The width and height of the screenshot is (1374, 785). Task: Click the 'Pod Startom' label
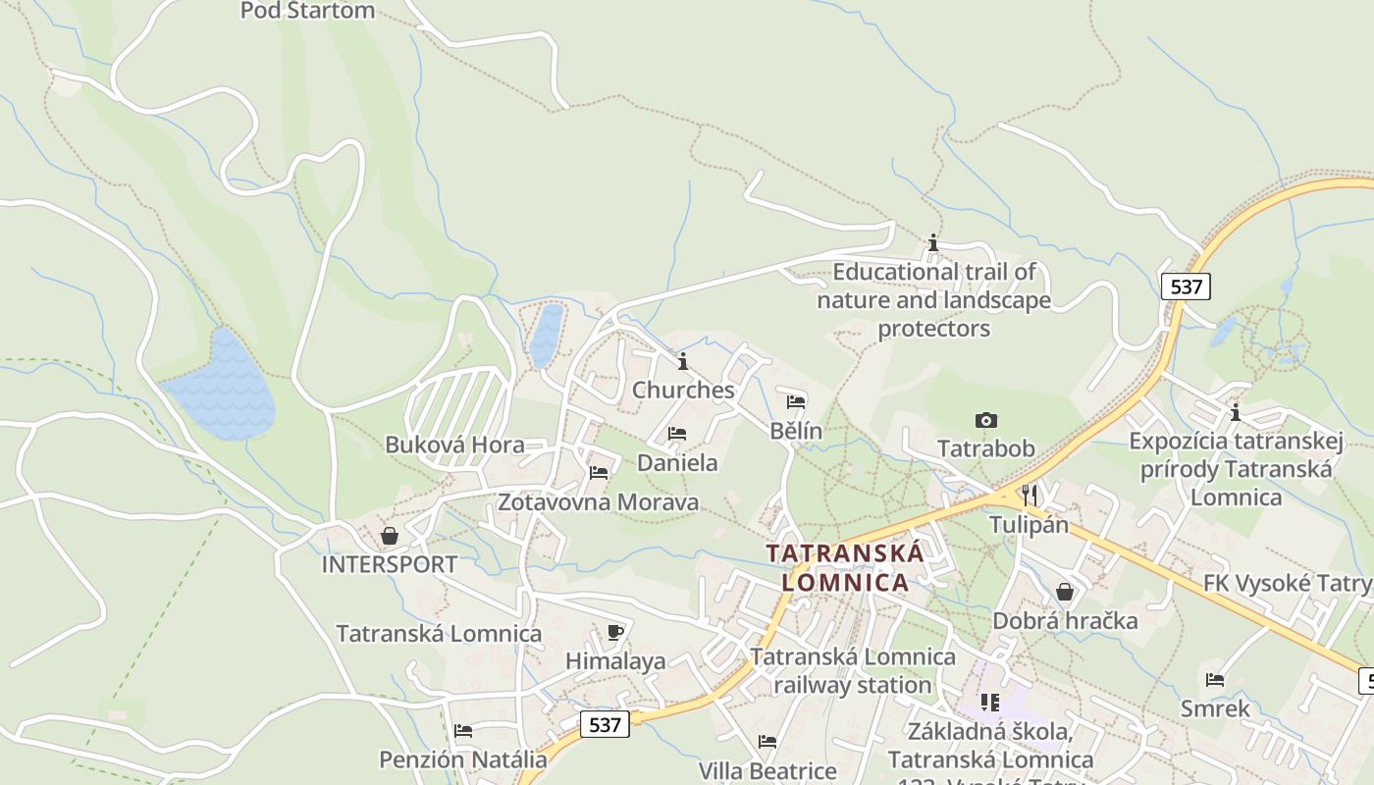pos(308,11)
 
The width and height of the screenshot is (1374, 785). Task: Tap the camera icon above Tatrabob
pos(985,420)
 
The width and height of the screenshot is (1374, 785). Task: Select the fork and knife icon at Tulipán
pos(1029,495)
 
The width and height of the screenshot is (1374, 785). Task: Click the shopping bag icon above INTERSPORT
pos(390,536)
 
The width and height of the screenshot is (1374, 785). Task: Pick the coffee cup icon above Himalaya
pos(615,632)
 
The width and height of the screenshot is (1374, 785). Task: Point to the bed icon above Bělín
pos(796,402)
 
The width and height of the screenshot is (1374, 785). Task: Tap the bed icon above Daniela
pos(677,434)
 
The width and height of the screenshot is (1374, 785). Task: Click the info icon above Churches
pos(683,361)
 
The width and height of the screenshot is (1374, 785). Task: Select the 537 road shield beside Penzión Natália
pos(605,724)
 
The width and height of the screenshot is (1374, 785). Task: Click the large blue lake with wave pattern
pos(221,390)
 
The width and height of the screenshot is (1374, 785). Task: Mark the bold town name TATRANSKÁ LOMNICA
pos(845,567)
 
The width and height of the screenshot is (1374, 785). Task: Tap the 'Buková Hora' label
pos(454,445)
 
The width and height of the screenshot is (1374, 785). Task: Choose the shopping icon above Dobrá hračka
pos(1065,592)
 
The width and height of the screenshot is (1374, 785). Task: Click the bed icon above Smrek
pos(1215,680)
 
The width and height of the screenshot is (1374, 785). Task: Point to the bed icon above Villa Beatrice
pos(767,742)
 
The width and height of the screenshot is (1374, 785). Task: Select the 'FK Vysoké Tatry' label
pos(1287,583)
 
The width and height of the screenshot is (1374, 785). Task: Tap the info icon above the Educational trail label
pos(933,242)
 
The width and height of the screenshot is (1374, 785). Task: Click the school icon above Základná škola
pos(989,703)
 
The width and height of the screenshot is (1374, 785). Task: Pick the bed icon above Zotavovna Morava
pos(599,473)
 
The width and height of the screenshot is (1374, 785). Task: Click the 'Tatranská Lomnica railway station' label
pos(853,670)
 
